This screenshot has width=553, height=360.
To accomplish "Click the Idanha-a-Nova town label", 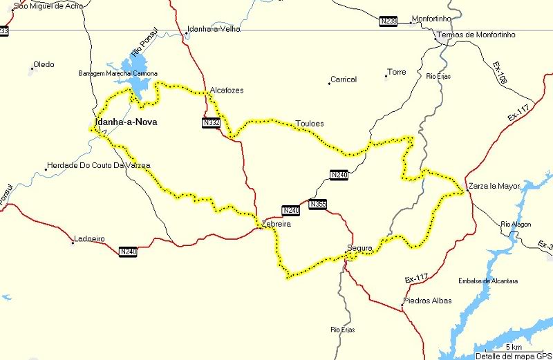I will click(124, 124).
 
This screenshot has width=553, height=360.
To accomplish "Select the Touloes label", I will click(310, 124).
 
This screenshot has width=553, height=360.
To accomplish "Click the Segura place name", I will click(359, 248).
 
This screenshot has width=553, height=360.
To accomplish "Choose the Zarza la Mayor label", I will click(494, 186).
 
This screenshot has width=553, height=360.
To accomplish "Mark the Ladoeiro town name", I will click(90, 240).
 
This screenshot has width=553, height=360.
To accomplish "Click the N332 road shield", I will click(212, 123).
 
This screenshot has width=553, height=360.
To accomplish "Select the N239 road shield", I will click(388, 22).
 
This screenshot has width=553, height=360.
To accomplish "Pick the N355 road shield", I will click(317, 204).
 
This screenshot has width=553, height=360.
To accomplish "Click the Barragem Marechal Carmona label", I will click(118, 73).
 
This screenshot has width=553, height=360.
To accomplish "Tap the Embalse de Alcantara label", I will click(488, 281).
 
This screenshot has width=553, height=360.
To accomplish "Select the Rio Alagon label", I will click(516, 224).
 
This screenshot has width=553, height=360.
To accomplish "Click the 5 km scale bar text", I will click(513, 347).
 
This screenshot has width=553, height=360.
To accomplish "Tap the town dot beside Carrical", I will click(329, 84).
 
